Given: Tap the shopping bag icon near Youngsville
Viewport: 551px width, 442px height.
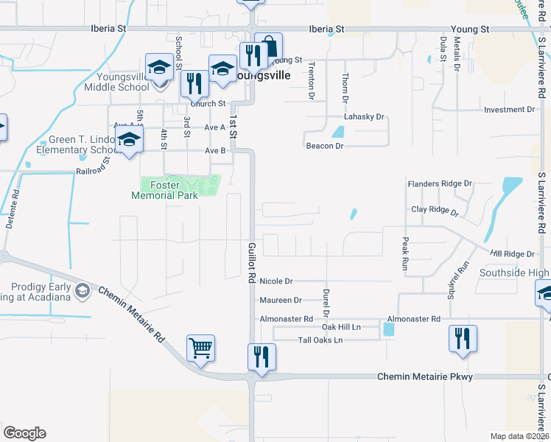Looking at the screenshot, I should click(268, 46).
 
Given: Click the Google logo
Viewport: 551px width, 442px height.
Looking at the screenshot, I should click(24, 433).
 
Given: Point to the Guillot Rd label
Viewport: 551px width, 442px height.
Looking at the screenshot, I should click(251, 262).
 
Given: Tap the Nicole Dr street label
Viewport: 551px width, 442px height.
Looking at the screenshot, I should click(276, 281).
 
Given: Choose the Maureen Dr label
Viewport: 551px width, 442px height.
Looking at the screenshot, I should click(281, 301).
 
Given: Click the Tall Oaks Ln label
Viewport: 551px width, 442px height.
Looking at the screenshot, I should click(320, 340).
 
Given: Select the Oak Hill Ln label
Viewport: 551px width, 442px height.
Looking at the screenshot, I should click(340, 326).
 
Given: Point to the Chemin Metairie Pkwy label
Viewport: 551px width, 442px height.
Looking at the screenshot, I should click(424, 376).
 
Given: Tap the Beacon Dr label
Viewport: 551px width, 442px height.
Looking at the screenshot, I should click(325, 146).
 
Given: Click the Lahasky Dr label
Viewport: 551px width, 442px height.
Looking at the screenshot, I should click(365, 117).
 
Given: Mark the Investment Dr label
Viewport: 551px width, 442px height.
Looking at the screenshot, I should click(509, 110).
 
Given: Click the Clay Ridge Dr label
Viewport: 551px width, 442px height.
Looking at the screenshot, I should click(435, 210).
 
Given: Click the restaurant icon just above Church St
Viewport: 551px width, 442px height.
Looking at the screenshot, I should click(194, 83).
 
